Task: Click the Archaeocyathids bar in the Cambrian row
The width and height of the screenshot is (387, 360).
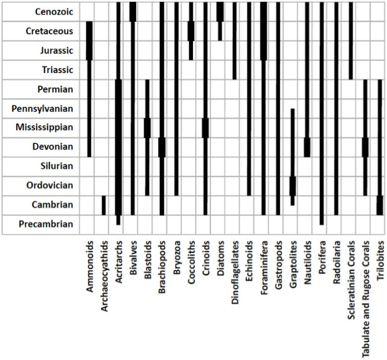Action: click(104, 205)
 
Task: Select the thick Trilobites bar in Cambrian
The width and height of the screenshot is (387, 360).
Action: click(380, 205)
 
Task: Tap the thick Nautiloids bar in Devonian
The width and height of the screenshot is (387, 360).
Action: click(307, 147)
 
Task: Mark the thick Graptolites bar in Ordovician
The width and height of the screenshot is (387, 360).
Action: click(292, 186)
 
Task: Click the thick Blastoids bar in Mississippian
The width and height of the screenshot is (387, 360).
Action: click(147, 127)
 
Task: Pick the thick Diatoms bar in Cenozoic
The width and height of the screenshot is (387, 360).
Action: click(220, 12)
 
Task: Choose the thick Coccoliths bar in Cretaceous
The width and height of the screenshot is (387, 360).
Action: click(191, 31)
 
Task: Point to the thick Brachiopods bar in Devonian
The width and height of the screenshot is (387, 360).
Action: click(162, 147)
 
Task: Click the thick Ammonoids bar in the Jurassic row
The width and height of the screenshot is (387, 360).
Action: click(89, 50)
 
